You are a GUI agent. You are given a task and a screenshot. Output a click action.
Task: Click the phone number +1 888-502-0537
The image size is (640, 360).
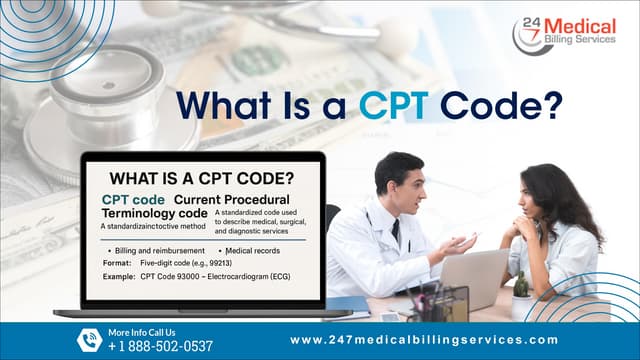[160, 346]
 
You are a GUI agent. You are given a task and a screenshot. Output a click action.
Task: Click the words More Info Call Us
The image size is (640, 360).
[141, 332]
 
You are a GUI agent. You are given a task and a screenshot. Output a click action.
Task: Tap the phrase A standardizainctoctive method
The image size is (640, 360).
[151, 227]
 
